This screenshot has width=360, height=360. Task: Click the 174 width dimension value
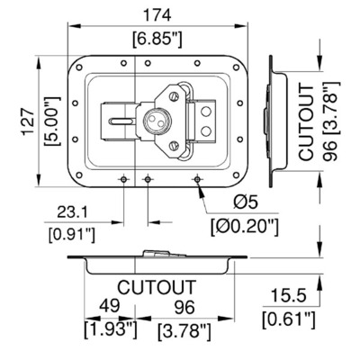coord(157,15)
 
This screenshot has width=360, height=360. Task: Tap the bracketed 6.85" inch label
coord(157,40)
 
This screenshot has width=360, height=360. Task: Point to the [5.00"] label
coord(52,121)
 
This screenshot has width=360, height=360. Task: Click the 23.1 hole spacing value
coord(72,212)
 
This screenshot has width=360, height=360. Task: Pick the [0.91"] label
coord(72,235)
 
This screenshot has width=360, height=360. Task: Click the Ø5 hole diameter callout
coord(246,202)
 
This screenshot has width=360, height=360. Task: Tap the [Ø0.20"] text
coord(245,228)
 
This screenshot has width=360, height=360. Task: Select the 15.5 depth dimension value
coord(289,295)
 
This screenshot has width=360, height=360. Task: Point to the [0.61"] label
coord(289,319)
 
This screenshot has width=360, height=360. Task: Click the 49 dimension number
coord(110,306)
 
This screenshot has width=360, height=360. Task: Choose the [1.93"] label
coord(111,330)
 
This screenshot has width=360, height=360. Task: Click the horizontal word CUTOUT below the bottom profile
coord(157,287)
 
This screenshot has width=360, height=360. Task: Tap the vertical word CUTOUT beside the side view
coord(306,122)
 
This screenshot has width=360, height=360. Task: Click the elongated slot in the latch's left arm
coord(121,121)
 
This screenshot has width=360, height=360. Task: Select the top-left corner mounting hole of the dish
coord(79,67)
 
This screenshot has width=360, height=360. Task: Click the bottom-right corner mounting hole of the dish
coord(237,175)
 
